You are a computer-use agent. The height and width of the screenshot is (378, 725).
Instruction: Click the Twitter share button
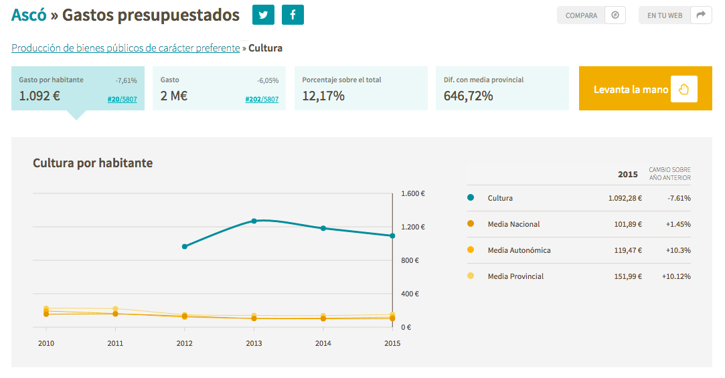click(263, 15)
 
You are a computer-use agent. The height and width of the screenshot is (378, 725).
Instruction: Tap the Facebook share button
click(293, 15)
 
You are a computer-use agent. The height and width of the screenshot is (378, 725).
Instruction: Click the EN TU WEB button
click(675, 15)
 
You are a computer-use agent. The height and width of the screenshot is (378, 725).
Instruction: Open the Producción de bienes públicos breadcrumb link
click(126, 48)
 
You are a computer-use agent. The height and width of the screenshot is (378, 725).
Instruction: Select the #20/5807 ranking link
click(122, 99)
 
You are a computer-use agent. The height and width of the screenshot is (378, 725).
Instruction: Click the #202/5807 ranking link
click(262, 99)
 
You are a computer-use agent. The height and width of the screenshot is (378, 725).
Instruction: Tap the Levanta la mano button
click(645, 88)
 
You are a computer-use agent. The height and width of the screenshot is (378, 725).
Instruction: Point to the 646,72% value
click(469, 96)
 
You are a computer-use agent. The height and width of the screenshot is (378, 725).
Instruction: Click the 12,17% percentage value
click(323, 96)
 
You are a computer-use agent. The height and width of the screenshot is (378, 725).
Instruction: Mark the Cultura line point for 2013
click(254, 221)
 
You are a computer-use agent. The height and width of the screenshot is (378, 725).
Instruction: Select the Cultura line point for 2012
click(185, 246)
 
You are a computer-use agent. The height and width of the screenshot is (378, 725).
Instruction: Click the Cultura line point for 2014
click(323, 228)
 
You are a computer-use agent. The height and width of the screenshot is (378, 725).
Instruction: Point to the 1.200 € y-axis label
click(413, 227)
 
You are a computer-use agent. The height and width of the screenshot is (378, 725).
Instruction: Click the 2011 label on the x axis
click(115, 343)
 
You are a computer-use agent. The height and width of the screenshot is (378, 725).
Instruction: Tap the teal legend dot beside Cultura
click(471, 197)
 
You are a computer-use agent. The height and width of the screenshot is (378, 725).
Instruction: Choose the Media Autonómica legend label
click(519, 250)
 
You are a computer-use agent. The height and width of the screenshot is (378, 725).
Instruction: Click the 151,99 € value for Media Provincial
click(628, 276)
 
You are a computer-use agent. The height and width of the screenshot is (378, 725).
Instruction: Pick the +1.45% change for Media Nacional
click(678, 224)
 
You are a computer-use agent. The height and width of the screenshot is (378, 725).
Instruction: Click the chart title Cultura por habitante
click(92, 163)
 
